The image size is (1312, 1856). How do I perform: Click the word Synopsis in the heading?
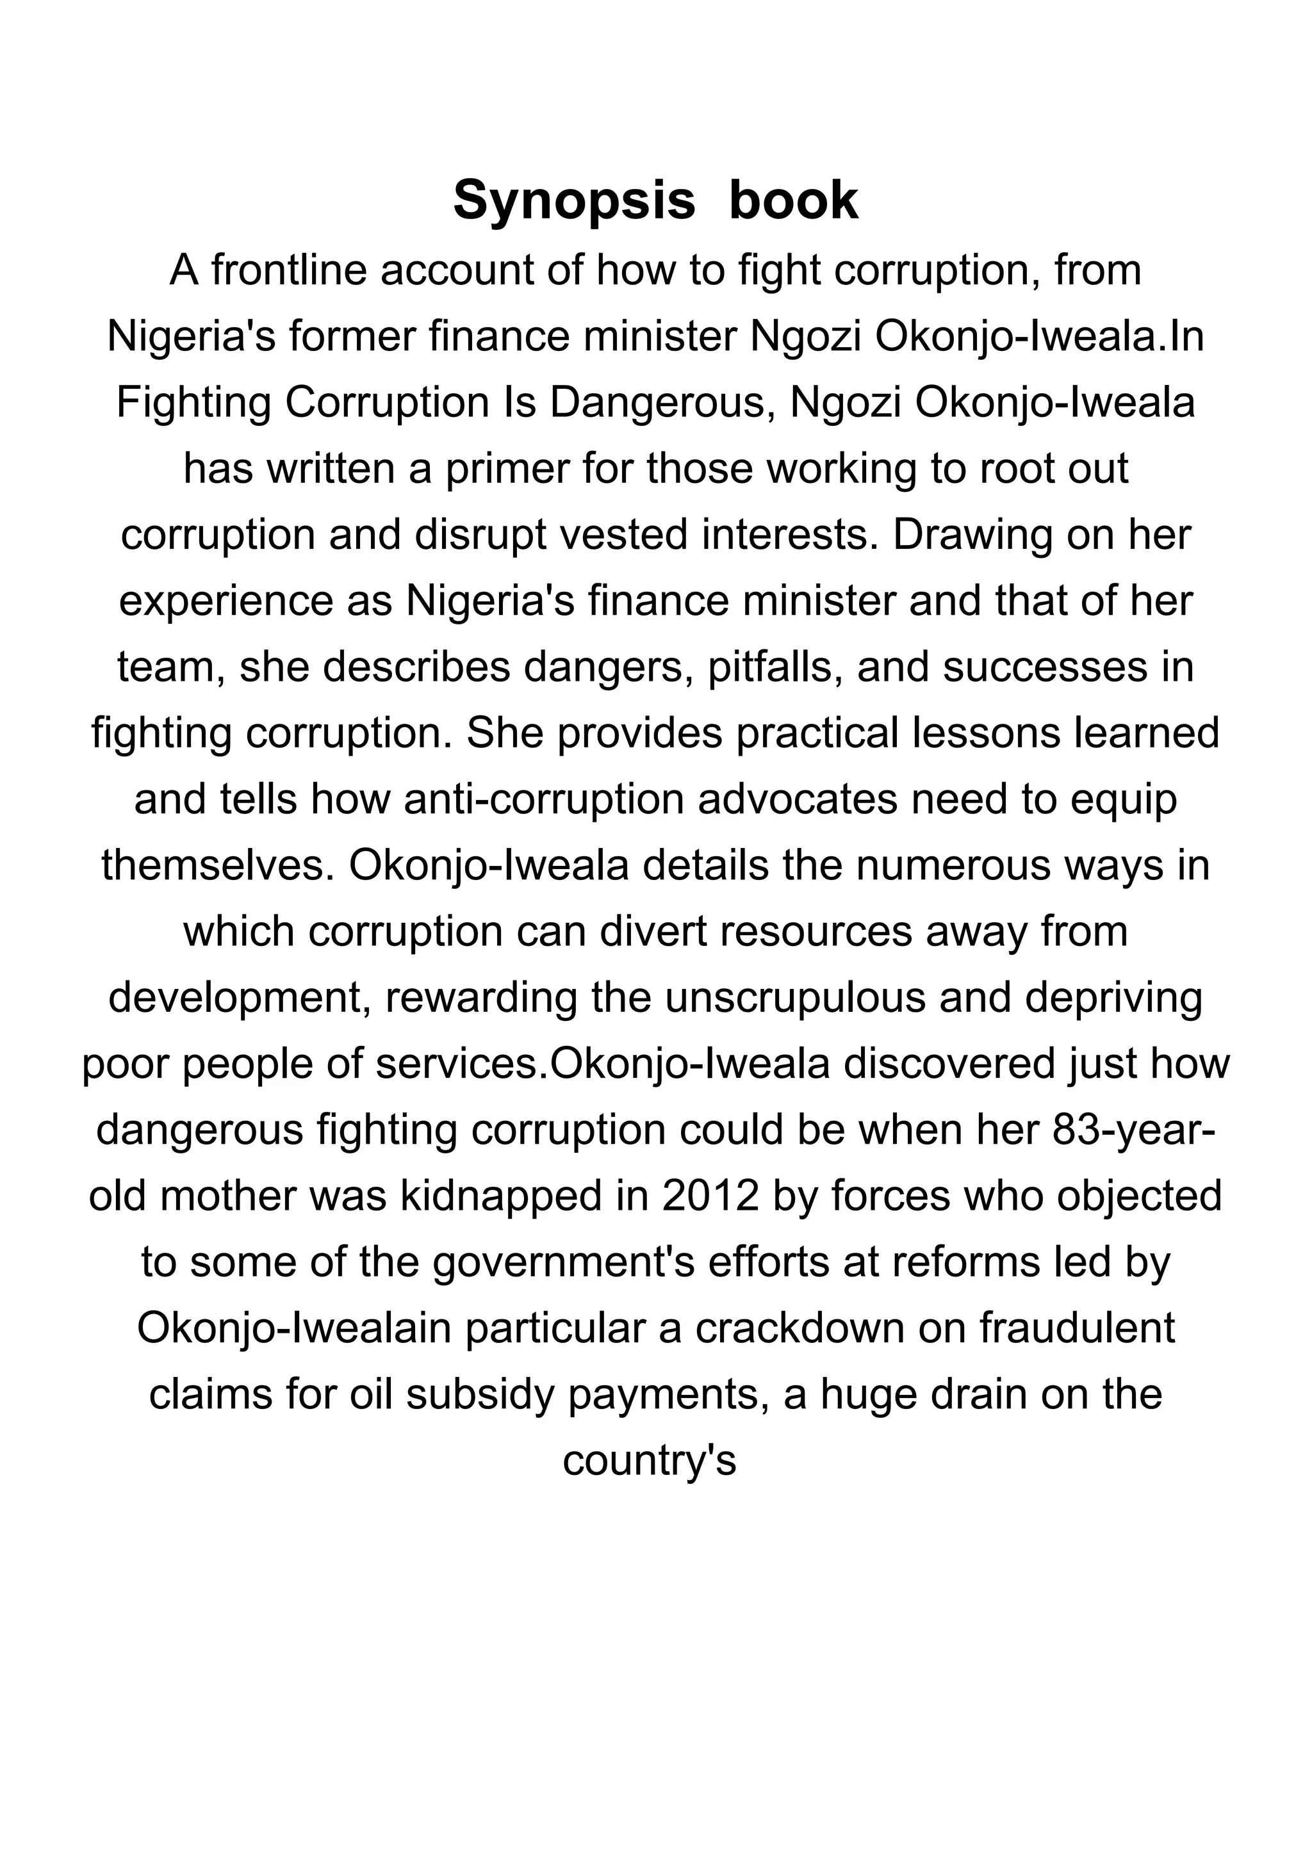[573, 200]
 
